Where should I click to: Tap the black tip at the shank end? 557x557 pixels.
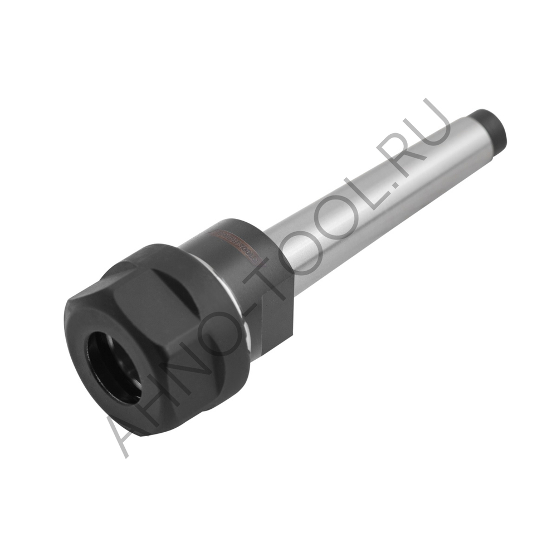(x=491, y=125)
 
